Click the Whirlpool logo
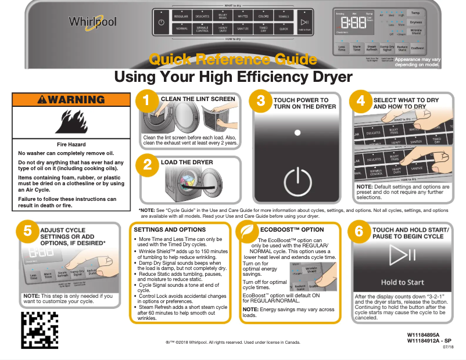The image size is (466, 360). pos(93,23)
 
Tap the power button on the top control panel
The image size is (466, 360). pos(161,23)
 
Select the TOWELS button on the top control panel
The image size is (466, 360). pos(284,16)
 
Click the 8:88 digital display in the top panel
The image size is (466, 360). pos(353,24)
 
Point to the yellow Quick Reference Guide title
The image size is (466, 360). pos(233,59)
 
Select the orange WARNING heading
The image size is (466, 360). pos(70,100)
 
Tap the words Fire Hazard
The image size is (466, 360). pos(71,144)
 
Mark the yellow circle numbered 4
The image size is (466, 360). pos(360,101)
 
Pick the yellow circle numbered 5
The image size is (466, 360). pos(27,231)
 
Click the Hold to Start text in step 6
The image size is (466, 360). pos(402,283)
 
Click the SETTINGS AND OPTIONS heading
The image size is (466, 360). pos(170,230)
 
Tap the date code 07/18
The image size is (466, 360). pos(447,347)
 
